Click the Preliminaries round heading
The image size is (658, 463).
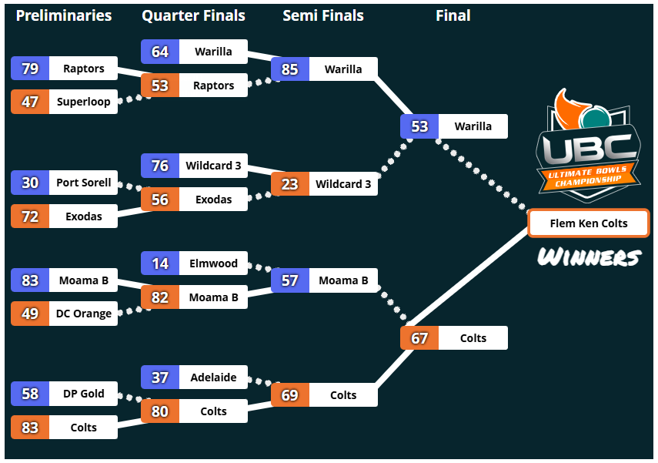pos(64,15)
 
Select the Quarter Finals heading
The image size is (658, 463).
pos(193,15)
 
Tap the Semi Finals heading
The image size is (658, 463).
pos(323,15)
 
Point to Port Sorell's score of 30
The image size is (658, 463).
pos(30,183)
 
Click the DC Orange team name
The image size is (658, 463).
pos(84,314)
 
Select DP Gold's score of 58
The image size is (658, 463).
pos(30,394)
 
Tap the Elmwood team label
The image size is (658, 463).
pos(213,263)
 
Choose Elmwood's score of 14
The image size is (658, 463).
pos(160,263)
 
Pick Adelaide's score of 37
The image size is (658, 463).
pos(160,377)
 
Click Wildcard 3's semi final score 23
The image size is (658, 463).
pos(290,184)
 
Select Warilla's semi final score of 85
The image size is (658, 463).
pos(290,69)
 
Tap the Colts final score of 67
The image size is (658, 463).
pos(419,337)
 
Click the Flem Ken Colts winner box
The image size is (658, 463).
pos(589,223)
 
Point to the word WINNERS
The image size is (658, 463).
pos(590,257)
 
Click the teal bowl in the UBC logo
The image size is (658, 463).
pos(595,117)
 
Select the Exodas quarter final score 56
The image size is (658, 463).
pos(160,200)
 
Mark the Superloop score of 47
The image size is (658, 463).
pos(30,102)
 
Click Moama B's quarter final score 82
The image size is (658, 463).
pos(160,297)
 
